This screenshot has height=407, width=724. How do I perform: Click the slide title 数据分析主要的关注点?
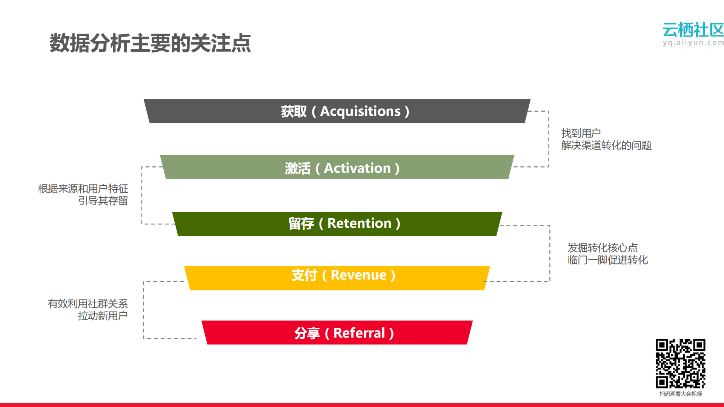tap(150, 43)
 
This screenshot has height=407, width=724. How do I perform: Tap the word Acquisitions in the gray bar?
tap(360, 111)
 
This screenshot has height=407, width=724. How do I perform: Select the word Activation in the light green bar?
tap(357, 168)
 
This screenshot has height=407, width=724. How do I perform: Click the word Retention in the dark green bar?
tap(359, 223)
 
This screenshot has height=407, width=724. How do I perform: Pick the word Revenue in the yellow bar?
tap(358, 275)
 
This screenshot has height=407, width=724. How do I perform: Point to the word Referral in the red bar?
tap(359, 333)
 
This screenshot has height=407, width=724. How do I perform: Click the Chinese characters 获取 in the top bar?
tap(294, 111)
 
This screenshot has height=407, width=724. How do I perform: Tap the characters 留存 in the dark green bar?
tap(301, 223)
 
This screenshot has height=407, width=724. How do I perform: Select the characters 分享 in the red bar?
tap(307, 333)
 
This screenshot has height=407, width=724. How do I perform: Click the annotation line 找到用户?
tap(581, 133)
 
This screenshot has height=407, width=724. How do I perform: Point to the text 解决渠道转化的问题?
tap(606, 145)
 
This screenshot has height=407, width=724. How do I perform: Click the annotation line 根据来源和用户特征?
tap(83, 189)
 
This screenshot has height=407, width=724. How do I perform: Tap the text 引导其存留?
tap(103, 201)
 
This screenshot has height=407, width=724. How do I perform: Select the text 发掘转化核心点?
tap(603, 248)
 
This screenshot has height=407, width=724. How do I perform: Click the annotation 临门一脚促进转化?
tap(607, 260)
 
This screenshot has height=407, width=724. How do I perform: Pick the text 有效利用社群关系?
tap(88, 304)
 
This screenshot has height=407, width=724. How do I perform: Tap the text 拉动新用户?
tap(103, 316)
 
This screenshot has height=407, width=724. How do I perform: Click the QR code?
tap(680, 363)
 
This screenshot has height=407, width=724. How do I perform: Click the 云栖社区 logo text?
tap(693, 30)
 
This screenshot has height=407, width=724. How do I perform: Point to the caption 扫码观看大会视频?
tap(680, 394)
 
